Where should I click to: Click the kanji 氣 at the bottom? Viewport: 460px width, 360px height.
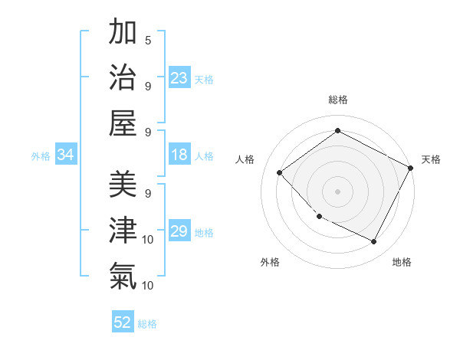point(123,275)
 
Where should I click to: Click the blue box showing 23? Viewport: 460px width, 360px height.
point(179,78)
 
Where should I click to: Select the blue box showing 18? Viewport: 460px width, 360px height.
point(179,155)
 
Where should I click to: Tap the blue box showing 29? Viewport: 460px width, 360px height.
point(179,232)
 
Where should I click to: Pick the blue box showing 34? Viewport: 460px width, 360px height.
point(66,155)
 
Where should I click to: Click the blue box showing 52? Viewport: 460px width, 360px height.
point(123,322)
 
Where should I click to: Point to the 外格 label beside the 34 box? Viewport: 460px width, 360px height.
point(41,156)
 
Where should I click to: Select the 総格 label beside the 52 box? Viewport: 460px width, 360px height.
point(147,323)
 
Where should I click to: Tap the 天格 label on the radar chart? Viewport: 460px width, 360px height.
point(431,159)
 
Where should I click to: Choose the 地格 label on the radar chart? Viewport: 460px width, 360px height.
point(402,262)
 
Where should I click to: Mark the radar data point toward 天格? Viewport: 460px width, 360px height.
point(411,168)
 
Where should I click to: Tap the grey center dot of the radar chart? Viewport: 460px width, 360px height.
point(337,191)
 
